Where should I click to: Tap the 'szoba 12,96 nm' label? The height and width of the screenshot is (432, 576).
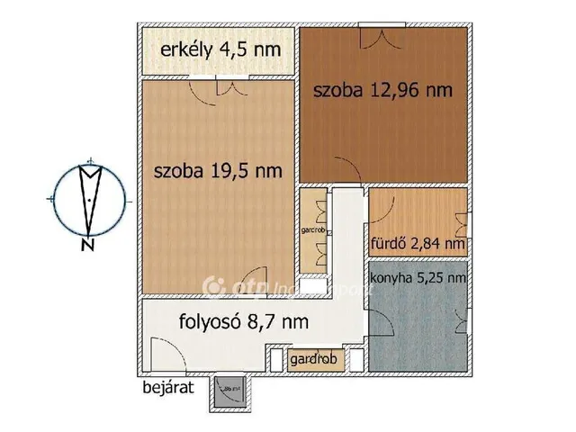[x=382, y=90]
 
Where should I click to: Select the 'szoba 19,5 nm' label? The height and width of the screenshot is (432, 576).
[x=218, y=170]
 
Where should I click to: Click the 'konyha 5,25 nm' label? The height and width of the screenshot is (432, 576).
[x=418, y=278]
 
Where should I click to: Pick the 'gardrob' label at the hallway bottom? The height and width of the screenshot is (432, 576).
[x=313, y=359]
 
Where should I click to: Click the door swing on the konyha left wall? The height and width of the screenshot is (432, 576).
[x=382, y=327]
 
